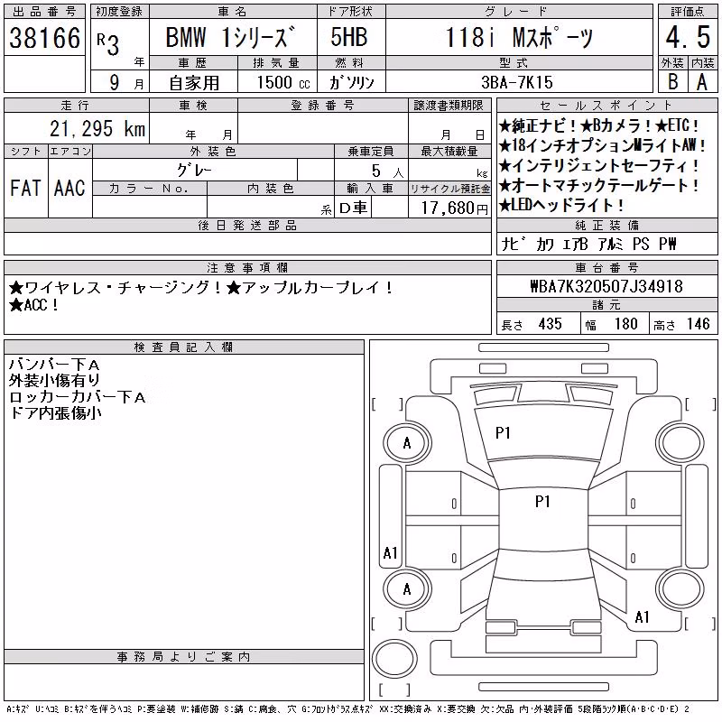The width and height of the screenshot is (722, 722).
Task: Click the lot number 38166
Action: click(x=44, y=38)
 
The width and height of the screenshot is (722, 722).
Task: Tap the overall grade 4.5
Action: click(x=688, y=37)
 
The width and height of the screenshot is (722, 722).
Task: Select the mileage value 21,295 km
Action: click(x=97, y=129)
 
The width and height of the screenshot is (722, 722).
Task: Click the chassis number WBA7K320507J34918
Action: click(x=606, y=286)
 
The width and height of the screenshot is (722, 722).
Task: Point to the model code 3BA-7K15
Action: click(x=517, y=82)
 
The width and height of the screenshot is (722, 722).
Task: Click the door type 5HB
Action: click(x=349, y=37)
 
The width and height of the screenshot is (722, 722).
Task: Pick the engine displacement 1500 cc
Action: click(x=283, y=82)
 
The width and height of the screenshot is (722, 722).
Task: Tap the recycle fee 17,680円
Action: click(x=455, y=208)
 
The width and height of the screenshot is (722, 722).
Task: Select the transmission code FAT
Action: click(x=25, y=188)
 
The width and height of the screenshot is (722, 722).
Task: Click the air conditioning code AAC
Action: click(x=69, y=188)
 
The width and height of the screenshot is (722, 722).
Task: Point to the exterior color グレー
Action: click(x=194, y=171)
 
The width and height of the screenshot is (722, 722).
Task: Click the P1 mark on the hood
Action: click(x=503, y=433)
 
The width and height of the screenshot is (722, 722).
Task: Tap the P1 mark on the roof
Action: click(x=542, y=502)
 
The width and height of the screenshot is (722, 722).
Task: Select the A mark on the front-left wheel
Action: click(x=407, y=443)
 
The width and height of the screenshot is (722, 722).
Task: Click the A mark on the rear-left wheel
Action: click(x=407, y=589)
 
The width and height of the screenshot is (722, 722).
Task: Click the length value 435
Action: click(x=550, y=324)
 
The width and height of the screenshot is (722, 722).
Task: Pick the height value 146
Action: click(x=698, y=324)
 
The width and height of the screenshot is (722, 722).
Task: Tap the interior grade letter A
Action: click(x=702, y=82)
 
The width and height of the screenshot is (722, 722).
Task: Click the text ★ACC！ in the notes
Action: click(x=33, y=305)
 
